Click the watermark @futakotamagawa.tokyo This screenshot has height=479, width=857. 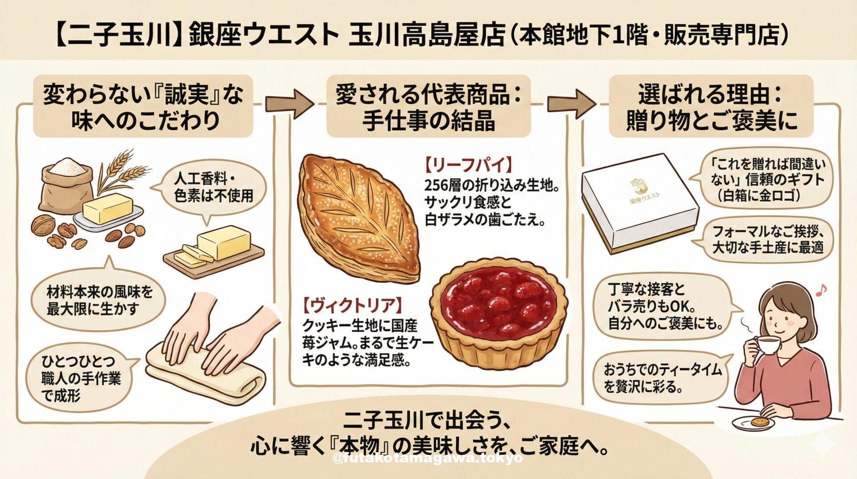pyautogui.click(x=428, y=458)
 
